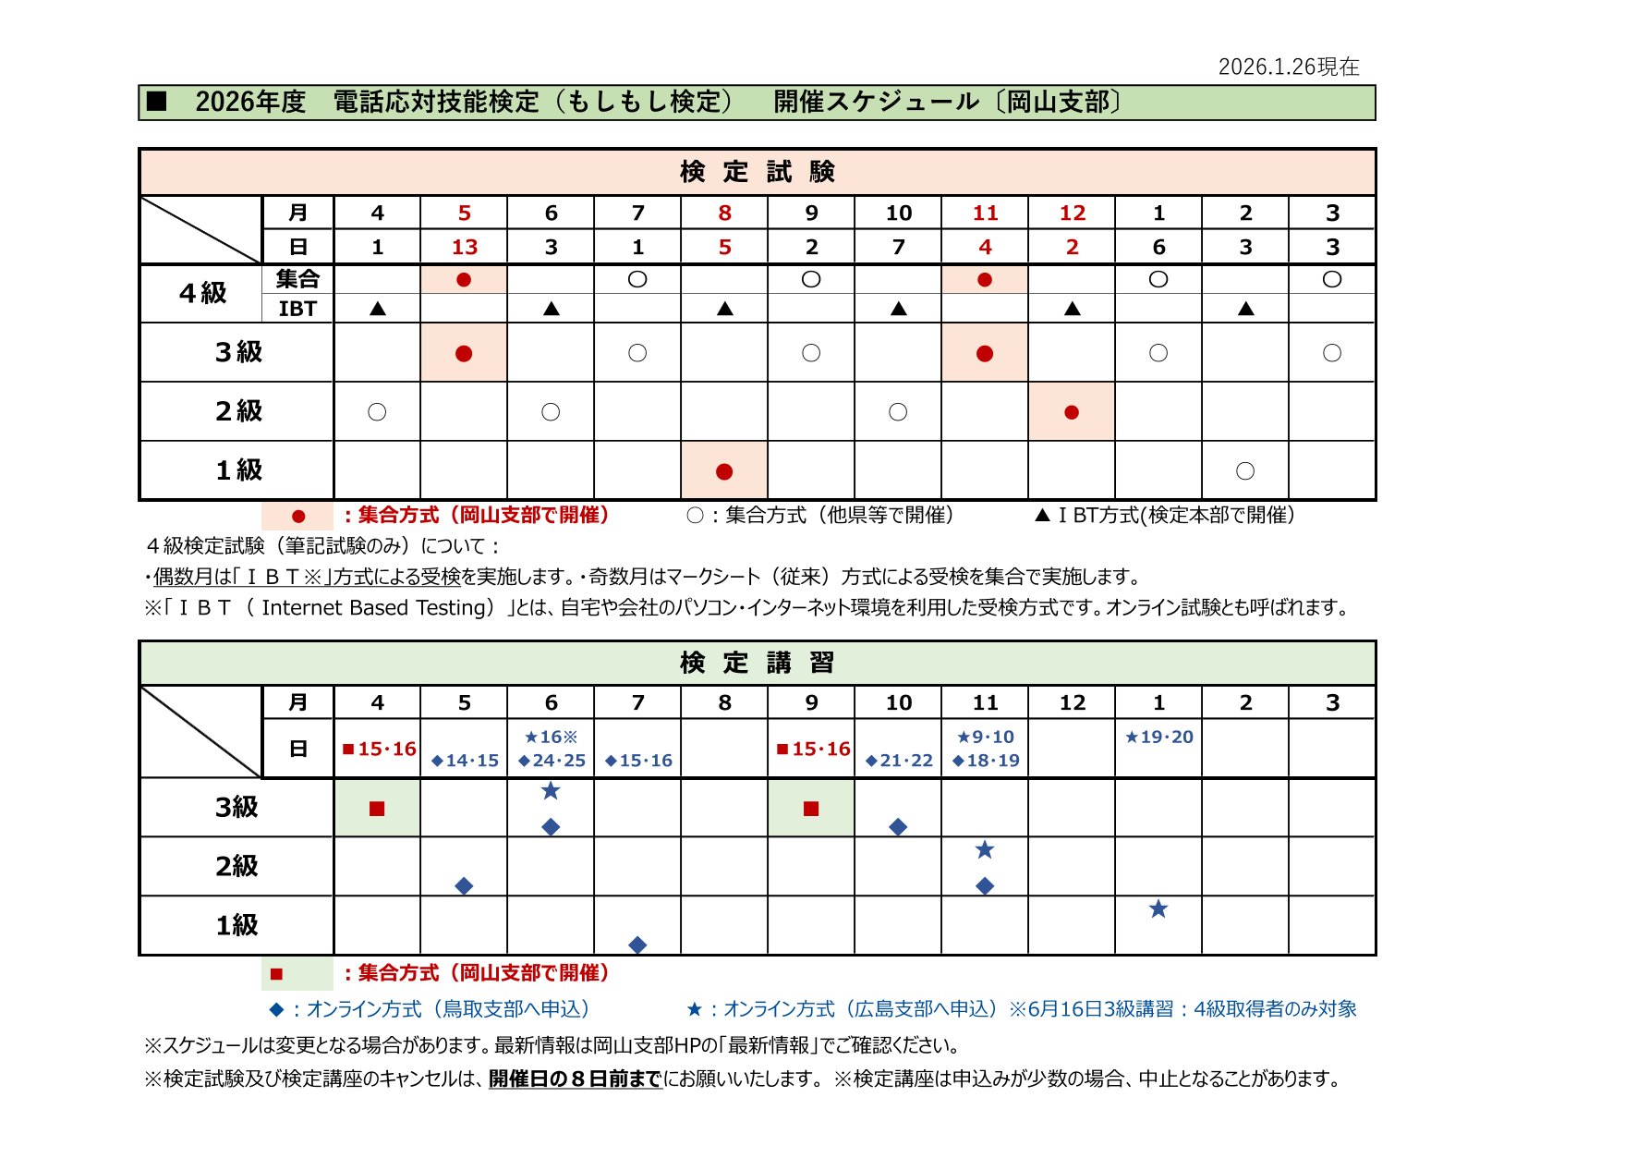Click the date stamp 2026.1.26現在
[1289, 67]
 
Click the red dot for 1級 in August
[724, 471]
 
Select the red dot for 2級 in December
[1072, 412]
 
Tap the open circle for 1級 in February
[1245, 471]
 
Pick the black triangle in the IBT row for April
[377, 309]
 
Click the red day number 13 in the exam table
[464, 247]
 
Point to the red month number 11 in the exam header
[985, 213]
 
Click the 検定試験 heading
[757, 172]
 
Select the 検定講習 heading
[757, 663]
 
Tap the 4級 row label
[202, 293]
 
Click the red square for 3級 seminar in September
[811, 809]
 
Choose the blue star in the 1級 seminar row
[1158, 909]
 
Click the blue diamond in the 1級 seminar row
[637, 945]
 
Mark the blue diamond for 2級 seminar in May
[464, 886]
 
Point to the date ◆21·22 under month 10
[898, 761]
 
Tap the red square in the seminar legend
[276, 973]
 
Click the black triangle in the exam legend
[1042, 516]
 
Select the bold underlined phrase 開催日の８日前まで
[575, 1079]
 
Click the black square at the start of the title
[157, 102]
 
